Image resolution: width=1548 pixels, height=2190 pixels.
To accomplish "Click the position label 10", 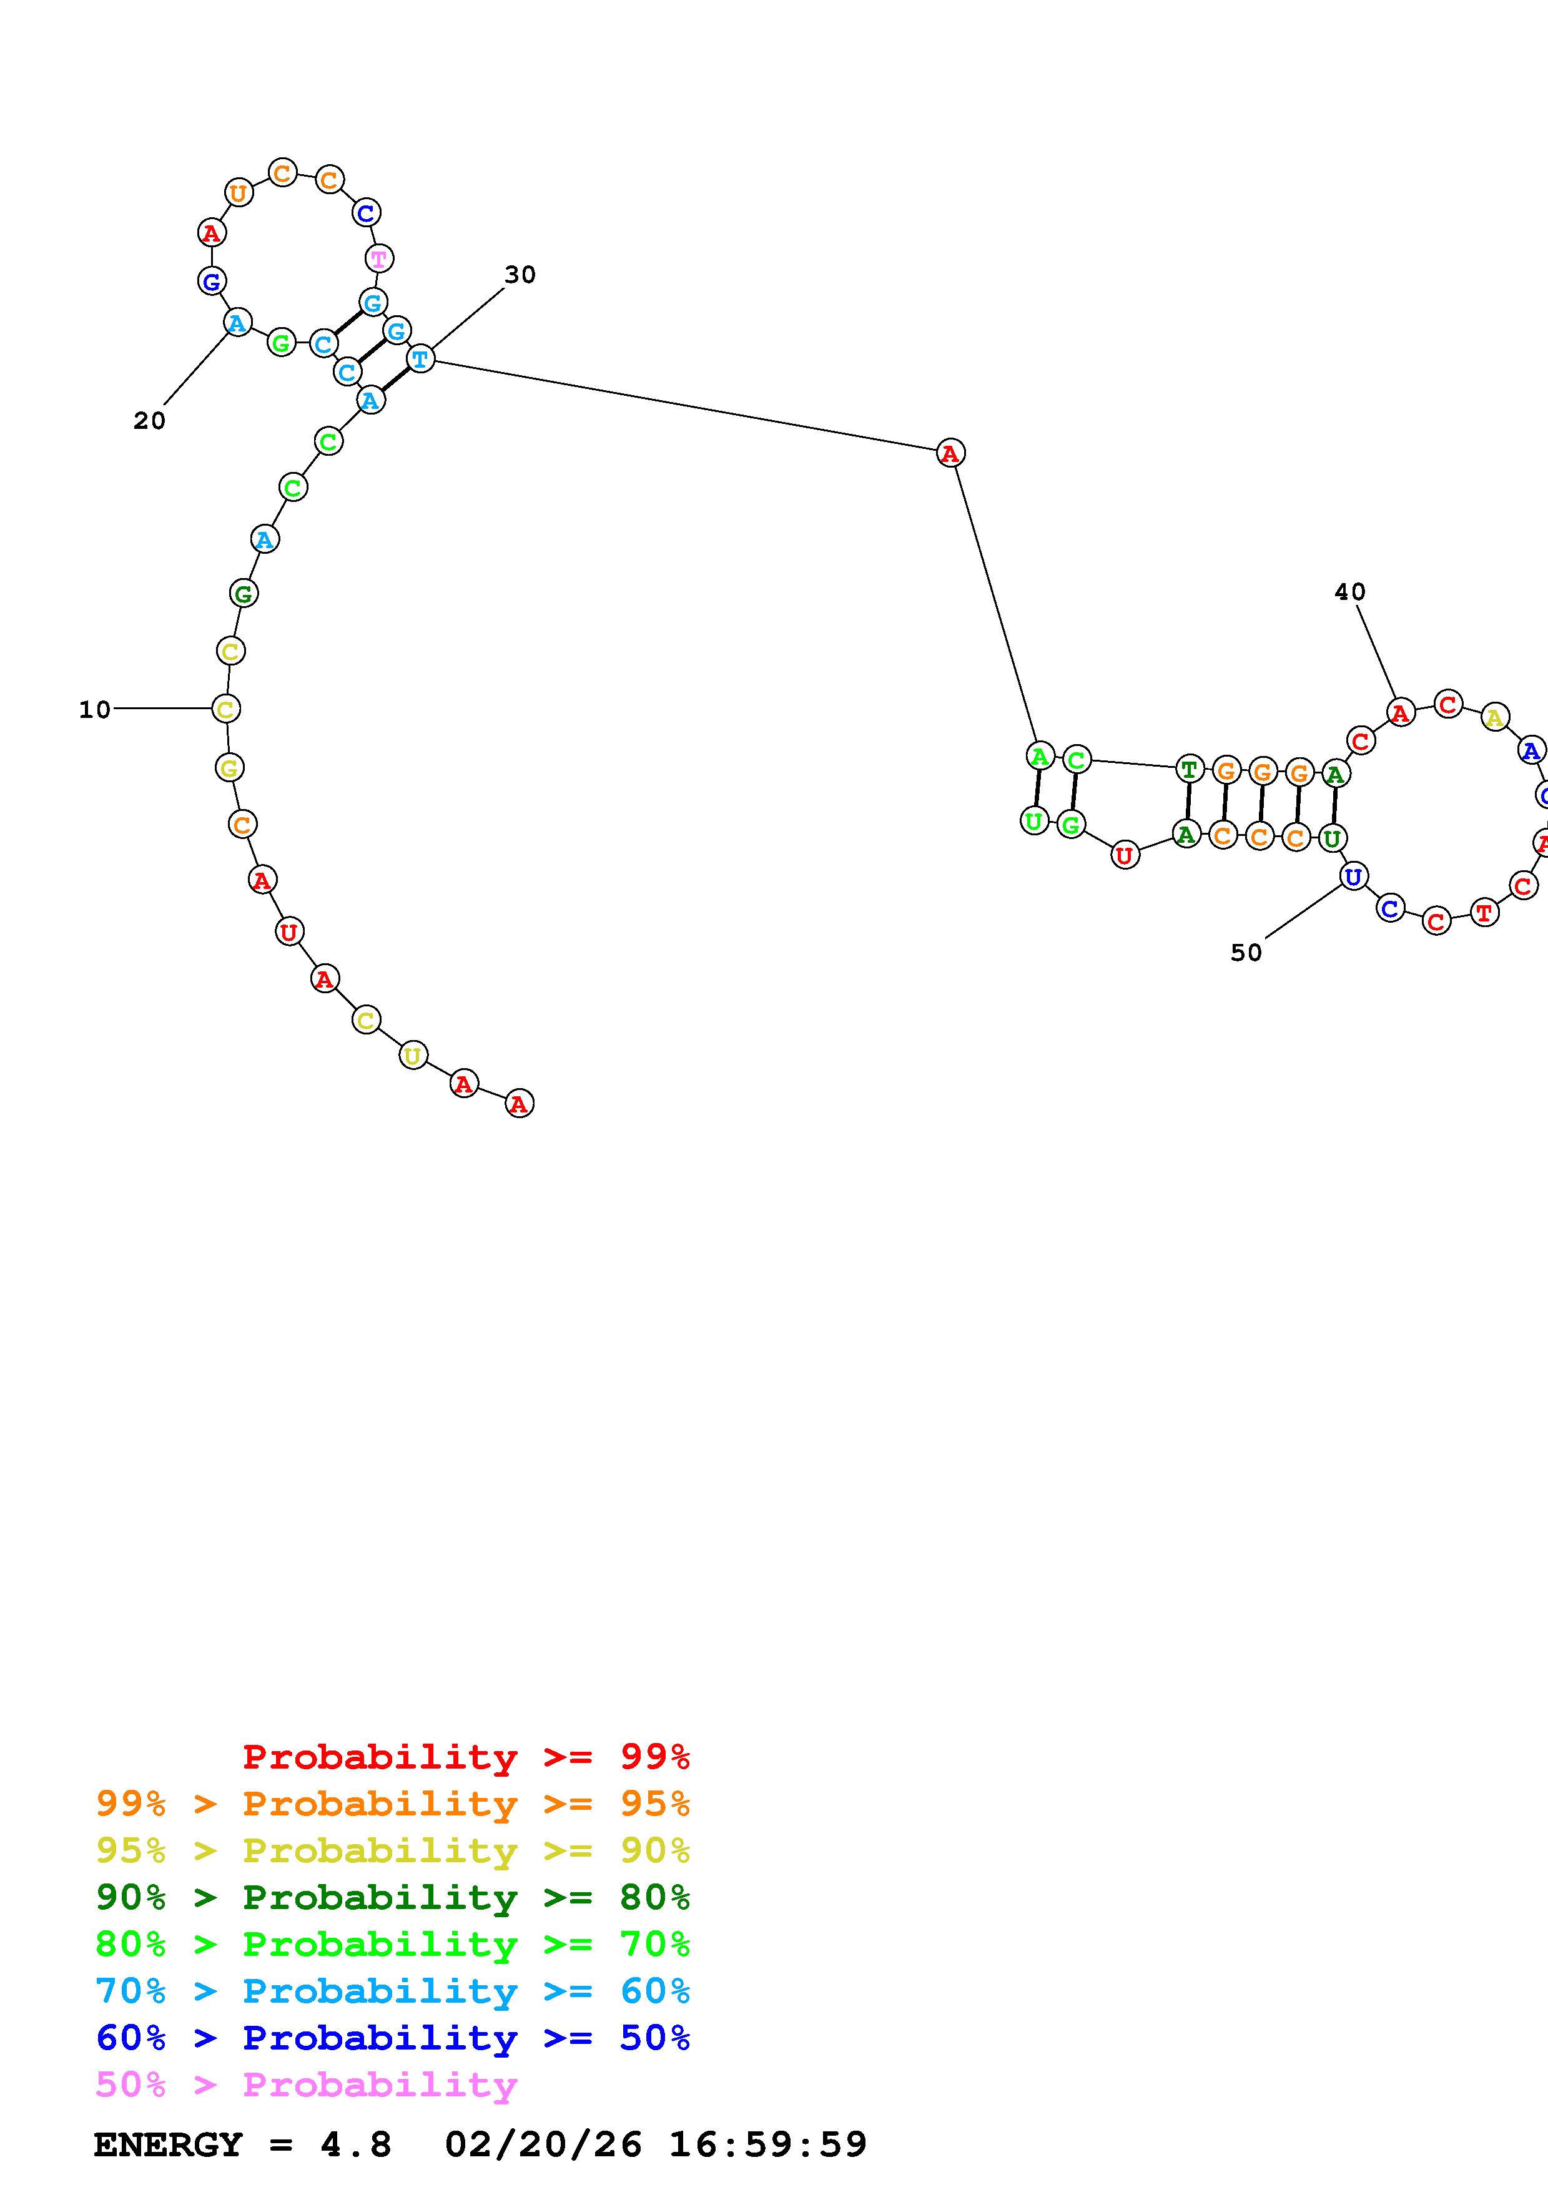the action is click(94, 710).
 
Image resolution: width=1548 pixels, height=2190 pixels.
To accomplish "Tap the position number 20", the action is click(149, 421).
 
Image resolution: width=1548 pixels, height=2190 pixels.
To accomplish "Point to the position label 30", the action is click(520, 275).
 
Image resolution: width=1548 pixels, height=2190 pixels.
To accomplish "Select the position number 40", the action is click(1349, 592).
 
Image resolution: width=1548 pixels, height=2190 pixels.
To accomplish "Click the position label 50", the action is click(1246, 953).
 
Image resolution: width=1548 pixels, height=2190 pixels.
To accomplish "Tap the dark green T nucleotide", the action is click(1188, 768).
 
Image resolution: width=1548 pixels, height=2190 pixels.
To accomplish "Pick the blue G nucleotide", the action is click(212, 282).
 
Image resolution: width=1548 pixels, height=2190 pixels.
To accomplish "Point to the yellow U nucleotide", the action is click(412, 1056).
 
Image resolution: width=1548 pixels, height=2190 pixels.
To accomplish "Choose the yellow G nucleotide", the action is click(229, 767).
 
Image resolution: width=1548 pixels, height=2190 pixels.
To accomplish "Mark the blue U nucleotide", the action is click(1353, 876).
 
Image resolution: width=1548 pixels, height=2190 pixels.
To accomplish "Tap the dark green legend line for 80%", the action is click(393, 1897).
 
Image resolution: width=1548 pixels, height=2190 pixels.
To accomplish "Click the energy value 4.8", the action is click(356, 2145).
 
